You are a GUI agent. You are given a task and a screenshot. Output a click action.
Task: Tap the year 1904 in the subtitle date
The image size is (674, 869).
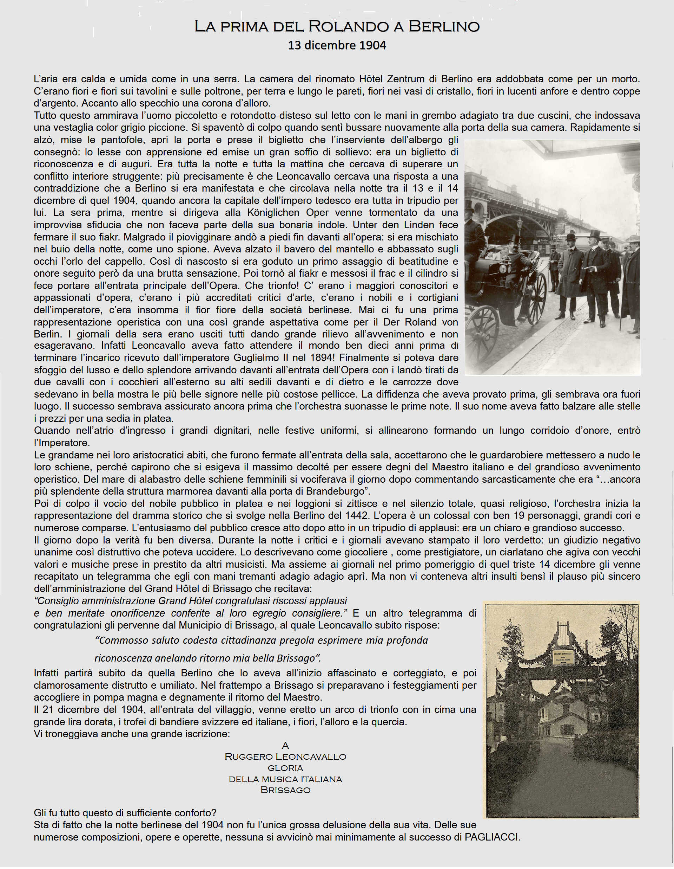pyautogui.click(x=372, y=45)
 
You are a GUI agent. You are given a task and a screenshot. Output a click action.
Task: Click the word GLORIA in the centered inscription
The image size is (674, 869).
pyautogui.click(x=285, y=767)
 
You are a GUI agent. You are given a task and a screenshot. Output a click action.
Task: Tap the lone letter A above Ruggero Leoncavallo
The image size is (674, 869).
pyautogui.click(x=285, y=745)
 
